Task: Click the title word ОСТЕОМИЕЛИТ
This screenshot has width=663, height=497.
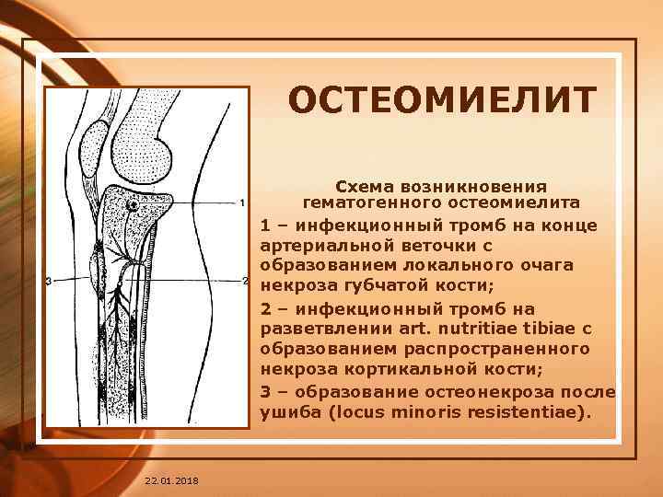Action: [x=443, y=100]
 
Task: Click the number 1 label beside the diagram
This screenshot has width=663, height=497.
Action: [x=241, y=202]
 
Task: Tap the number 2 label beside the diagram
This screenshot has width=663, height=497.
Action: [x=245, y=280]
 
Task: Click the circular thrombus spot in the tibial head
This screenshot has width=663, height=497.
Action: [x=133, y=205]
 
